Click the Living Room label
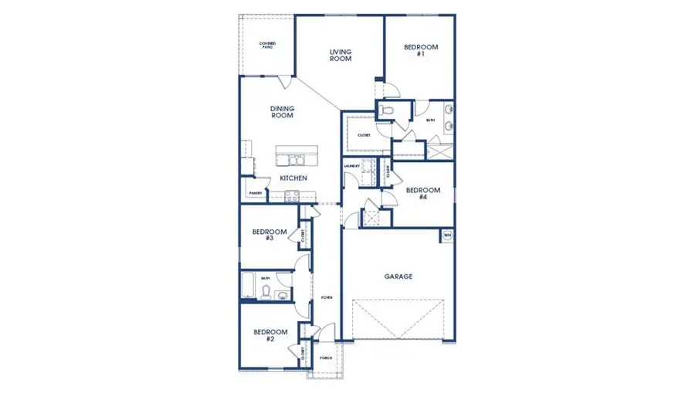click(x=341, y=55)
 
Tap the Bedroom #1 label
click(x=421, y=51)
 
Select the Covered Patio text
click(x=267, y=45)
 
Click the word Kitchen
click(x=293, y=178)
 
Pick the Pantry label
click(x=255, y=193)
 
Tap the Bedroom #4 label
click(x=423, y=194)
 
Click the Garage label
click(x=398, y=276)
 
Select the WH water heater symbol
click(x=447, y=235)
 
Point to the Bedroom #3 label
click(x=270, y=235)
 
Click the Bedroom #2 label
click(x=270, y=335)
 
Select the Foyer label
click(x=327, y=296)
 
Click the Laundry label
click(x=353, y=166)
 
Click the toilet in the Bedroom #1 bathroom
click(x=388, y=113)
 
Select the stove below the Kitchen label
click(x=293, y=197)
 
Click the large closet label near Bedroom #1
click(x=364, y=135)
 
